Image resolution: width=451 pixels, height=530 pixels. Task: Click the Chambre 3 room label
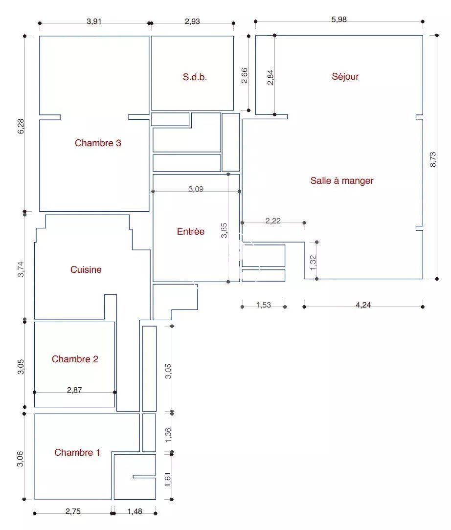98,143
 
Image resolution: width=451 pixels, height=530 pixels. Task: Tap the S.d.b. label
195,77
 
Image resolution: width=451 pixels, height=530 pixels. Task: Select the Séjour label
345,76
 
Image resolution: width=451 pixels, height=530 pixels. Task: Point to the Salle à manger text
342,180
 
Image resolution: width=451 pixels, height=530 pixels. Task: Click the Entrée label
191,232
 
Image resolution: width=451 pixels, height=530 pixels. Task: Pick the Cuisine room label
86,269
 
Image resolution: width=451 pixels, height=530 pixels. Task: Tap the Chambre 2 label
75,359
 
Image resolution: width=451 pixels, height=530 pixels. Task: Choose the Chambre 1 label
77,452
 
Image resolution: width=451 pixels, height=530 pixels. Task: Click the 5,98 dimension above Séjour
339,19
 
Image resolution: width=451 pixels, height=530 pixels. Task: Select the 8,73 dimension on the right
433,159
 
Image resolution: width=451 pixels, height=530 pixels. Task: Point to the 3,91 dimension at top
94,22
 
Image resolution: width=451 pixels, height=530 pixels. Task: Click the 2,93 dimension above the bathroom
192,22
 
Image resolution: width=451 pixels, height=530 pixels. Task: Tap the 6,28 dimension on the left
21,126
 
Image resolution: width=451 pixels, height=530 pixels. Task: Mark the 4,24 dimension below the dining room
363,305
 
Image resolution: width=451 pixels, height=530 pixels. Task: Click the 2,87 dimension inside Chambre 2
74,390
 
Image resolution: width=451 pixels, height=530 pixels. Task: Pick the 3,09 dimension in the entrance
196,189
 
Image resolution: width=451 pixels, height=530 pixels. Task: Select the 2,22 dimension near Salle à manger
273,221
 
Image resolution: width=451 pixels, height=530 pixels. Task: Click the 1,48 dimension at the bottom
135,511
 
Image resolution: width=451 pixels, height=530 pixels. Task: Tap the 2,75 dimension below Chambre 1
73,511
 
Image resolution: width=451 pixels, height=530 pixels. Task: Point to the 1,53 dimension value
263,305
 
